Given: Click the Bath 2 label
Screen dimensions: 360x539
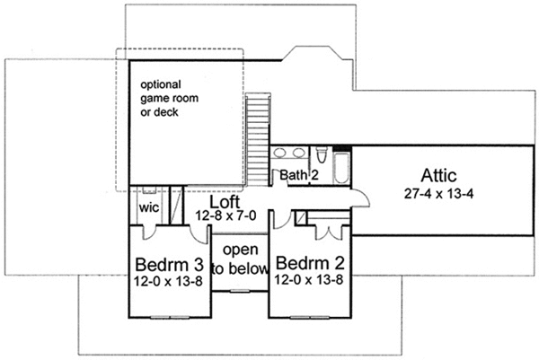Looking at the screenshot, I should click(x=299, y=174).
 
